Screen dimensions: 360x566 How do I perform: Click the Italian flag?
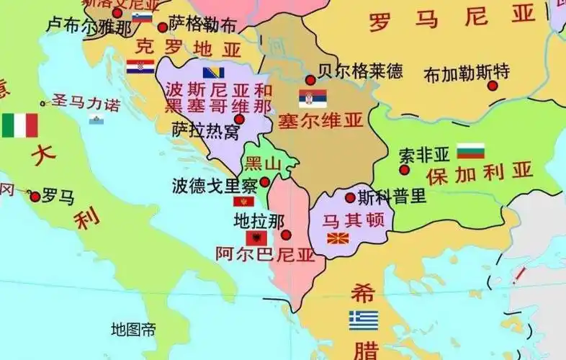point(19,125)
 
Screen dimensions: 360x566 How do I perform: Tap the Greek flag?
point(364,320)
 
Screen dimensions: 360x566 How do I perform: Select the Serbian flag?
point(313,99)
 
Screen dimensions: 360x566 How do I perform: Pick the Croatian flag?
point(140,67)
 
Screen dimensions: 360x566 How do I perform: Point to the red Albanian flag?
point(256,237)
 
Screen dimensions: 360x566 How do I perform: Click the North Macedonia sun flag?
point(338,238)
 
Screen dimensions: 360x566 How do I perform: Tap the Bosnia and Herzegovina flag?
point(213,73)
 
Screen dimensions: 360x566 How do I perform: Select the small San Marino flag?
point(94,119)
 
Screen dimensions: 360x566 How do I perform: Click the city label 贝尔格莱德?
point(360,72)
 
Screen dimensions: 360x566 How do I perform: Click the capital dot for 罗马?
point(35,196)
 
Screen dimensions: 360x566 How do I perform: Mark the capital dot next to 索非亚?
point(405,170)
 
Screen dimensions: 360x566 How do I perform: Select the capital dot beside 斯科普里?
point(350,197)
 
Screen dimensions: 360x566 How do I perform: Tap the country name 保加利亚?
point(479,173)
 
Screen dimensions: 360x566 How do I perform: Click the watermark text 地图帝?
point(132,330)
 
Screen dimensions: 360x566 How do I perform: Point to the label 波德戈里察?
point(215,186)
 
